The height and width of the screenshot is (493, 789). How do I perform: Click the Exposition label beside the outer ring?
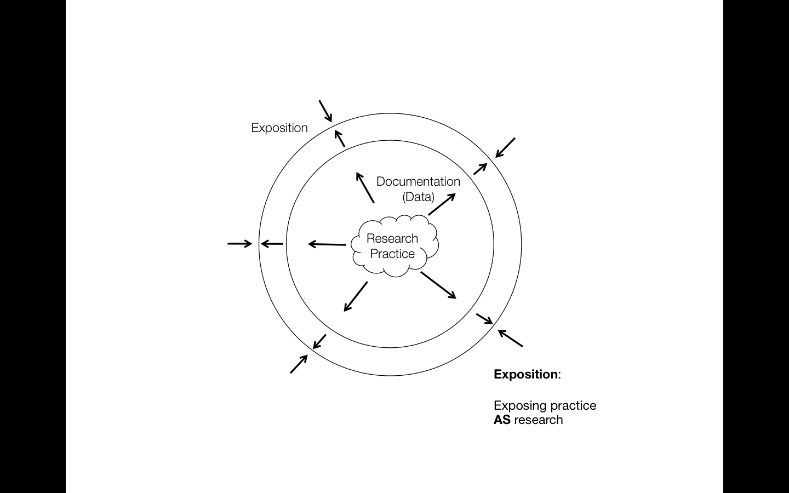click(x=279, y=128)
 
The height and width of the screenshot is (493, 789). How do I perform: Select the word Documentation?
click(x=418, y=181)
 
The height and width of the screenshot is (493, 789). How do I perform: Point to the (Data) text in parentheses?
click(x=418, y=197)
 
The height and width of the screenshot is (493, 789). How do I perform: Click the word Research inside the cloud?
click(x=392, y=238)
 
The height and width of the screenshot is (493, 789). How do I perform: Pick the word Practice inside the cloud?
click(x=392, y=254)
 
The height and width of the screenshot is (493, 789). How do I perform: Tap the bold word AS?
click(x=502, y=420)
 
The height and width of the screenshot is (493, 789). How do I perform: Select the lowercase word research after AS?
click(x=539, y=420)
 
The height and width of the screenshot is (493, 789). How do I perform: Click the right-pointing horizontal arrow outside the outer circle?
click(x=239, y=243)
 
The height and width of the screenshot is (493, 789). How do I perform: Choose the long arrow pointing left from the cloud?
click(x=327, y=244)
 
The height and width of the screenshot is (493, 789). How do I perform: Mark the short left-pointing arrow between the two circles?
click(x=272, y=244)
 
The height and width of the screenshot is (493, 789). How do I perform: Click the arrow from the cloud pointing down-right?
click(x=438, y=285)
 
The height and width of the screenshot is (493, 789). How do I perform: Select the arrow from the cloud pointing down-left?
click(x=356, y=296)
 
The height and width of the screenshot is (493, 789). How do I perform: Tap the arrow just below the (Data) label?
click(x=442, y=204)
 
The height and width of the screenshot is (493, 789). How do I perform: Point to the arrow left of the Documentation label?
click(x=365, y=187)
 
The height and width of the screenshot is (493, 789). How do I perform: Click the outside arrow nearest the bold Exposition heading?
click(x=510, y=338)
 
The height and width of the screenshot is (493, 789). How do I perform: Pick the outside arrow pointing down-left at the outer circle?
click(x=505, y=147)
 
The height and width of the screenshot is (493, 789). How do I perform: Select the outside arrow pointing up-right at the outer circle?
click(x=299, y=364)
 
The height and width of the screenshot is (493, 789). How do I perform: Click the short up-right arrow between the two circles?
click(x=480, y=169)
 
